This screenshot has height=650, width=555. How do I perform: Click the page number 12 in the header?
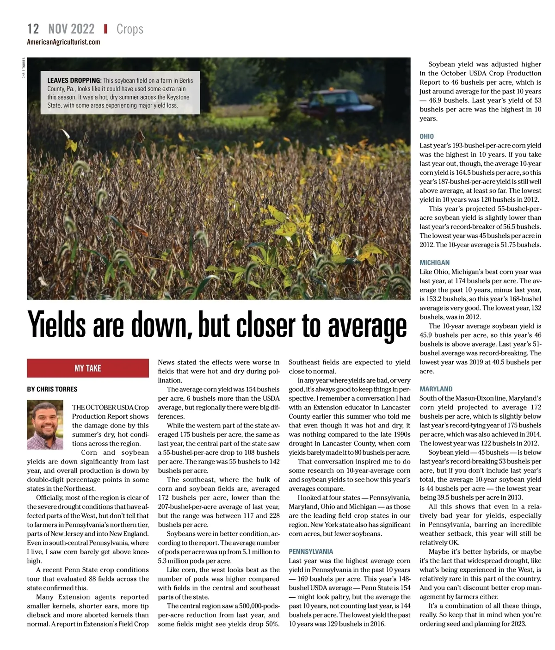33,29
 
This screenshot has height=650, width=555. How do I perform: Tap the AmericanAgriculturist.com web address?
63,42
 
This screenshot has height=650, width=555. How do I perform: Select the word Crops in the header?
130,29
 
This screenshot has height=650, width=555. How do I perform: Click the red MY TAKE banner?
87,368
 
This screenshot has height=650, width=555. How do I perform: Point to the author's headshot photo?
45,425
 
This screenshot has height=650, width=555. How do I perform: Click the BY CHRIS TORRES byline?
52,389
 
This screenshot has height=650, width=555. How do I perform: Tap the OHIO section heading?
426,136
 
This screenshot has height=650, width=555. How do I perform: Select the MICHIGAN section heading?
434,263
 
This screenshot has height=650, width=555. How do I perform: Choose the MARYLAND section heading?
436,389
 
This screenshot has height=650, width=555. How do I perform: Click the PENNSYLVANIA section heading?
311,551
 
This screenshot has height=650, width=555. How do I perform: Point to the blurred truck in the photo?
329,103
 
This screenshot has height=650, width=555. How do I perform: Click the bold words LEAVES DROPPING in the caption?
74,80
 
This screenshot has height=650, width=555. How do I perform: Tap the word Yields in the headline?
57,325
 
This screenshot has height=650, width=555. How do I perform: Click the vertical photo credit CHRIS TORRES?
24,68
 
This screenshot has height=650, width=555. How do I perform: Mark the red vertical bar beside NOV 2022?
105,29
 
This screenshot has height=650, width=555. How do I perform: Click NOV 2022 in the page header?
71,29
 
